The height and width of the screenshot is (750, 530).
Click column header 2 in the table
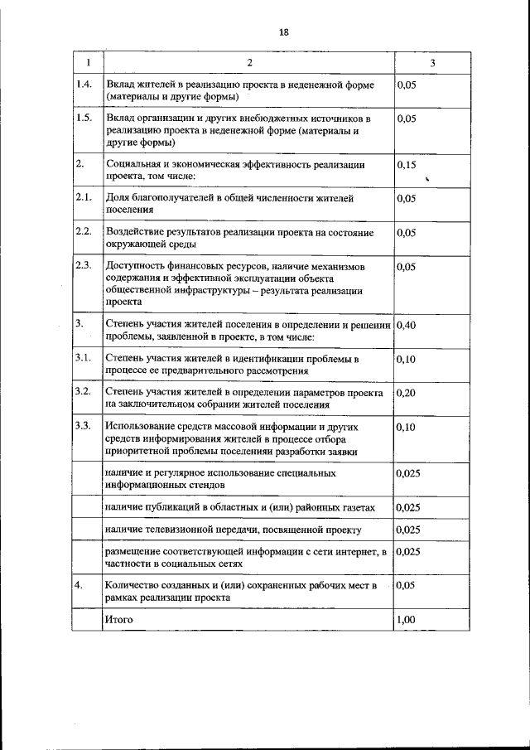point(248,64)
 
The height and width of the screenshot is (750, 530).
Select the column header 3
point(431,64)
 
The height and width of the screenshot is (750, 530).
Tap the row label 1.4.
point(83,85)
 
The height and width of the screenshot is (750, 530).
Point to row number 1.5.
point(83,119)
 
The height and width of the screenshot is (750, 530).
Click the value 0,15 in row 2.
point(406,165)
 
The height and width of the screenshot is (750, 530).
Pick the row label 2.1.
point(83,198)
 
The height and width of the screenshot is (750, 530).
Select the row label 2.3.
point(83,265)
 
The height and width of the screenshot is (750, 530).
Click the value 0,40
point(406,325)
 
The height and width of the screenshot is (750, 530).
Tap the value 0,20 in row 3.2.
point(406,393)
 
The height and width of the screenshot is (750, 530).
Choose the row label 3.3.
point(83,426)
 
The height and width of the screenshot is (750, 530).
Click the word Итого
point(118,619)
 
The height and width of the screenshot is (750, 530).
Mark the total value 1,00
point(406,619)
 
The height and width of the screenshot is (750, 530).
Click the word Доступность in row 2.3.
point(135,265)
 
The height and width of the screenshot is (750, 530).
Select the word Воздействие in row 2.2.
point(136,232)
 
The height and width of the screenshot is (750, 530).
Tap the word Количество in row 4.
point(132,585)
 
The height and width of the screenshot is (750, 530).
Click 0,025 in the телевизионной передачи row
point(408,529)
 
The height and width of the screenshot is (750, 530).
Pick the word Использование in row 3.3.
point(140,426)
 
